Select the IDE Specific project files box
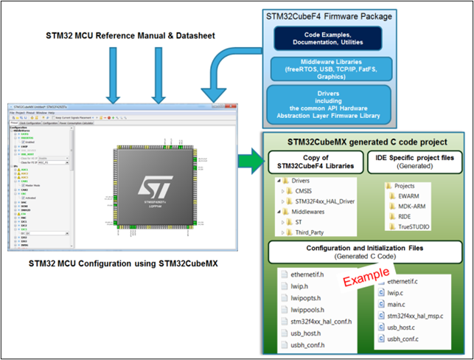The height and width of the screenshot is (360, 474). click(x=417, y=162)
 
